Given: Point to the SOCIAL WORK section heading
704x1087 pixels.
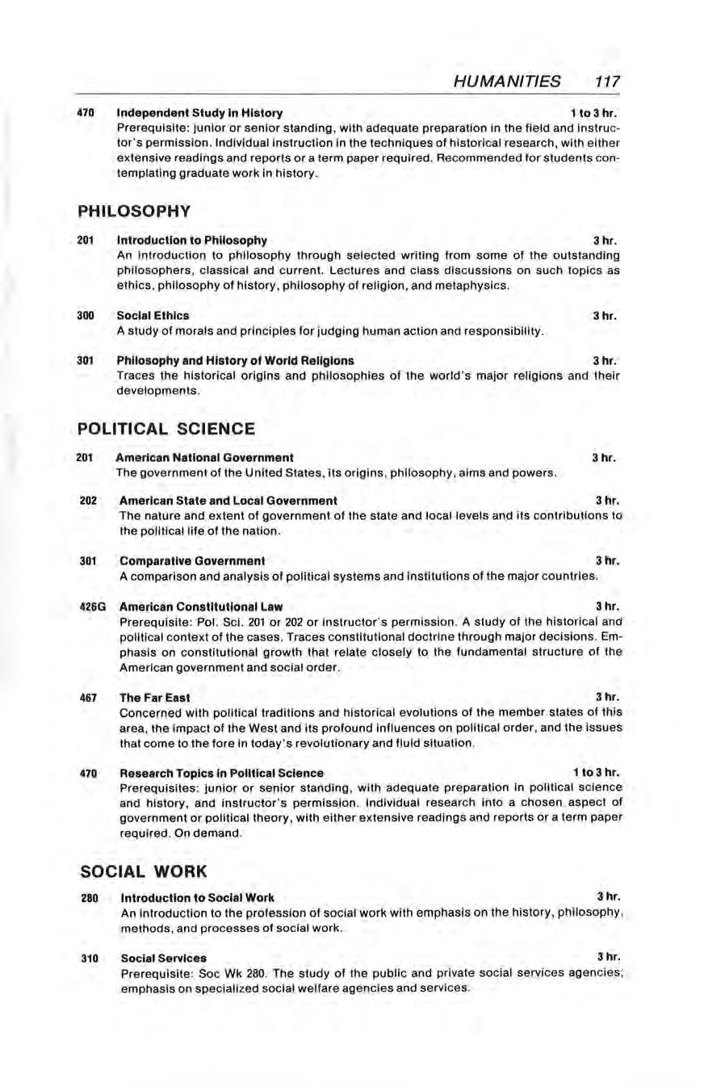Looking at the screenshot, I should point(144,871).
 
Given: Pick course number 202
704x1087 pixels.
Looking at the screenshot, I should point(89,501).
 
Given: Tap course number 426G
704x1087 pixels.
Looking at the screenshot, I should point(93,606).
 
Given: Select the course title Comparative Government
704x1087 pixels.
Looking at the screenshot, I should point(192,560).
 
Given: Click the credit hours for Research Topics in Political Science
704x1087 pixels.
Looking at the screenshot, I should point(596,773).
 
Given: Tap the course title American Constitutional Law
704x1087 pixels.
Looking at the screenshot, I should point(201,606).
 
